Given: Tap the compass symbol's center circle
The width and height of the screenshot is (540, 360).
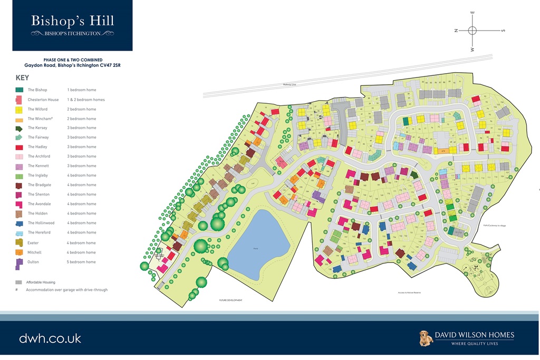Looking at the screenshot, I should (472, 31).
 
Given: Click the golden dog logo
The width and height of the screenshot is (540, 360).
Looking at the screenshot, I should (426, 338).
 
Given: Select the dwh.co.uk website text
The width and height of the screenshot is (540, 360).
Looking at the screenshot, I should (50, 338).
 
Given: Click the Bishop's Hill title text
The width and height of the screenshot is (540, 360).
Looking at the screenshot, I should (72, 21).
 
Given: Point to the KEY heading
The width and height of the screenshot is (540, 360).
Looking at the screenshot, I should (23, 77).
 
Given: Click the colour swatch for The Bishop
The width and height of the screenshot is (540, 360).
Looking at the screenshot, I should (19, 90).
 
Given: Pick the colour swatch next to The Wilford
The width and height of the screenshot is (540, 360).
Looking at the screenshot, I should (19, 110).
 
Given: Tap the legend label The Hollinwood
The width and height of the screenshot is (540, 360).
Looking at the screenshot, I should (39, 223).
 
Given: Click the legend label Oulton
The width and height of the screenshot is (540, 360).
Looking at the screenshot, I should (34, 262).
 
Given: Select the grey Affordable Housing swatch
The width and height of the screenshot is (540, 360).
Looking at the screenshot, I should (18, 283).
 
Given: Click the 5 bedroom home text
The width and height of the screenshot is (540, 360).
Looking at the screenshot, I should (81, 262).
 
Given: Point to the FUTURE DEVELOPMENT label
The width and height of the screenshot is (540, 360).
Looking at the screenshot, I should (230, 300).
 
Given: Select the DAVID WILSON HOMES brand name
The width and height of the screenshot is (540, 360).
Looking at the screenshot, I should (474, 335).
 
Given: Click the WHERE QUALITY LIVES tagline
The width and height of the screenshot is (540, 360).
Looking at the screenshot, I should (474, 344).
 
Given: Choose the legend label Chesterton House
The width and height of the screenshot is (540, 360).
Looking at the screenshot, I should (43, 100).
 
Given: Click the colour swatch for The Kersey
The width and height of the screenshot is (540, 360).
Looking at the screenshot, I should (19, 128).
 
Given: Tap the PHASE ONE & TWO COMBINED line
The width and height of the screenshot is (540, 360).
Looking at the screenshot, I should (72, 60).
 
